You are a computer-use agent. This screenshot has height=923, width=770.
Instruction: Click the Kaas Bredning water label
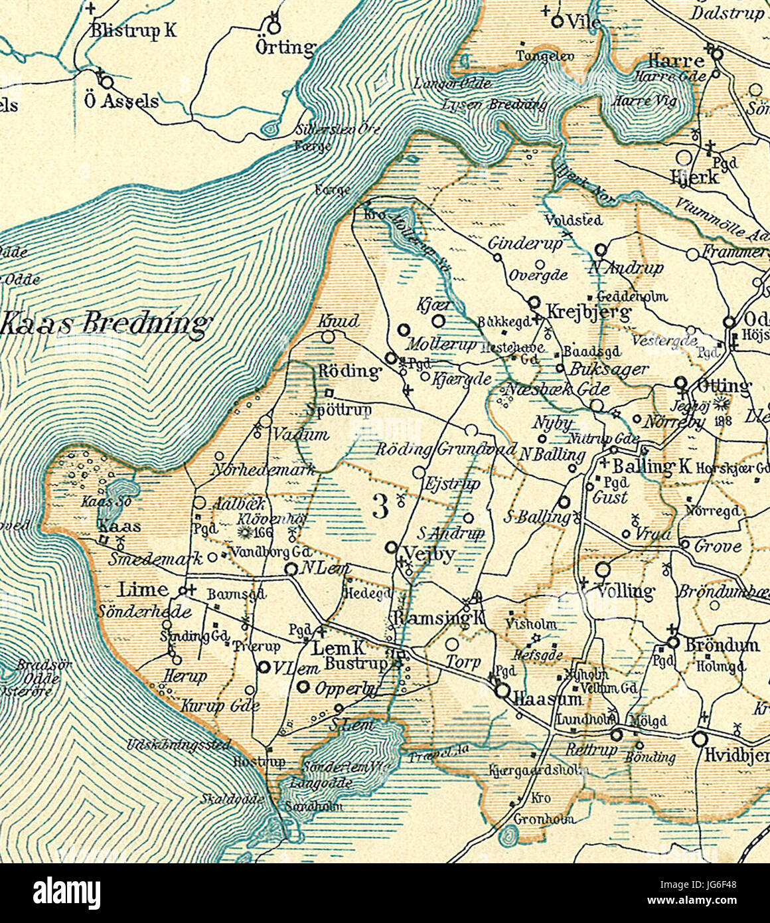pos(106,324)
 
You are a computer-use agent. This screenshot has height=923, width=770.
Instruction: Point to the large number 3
pos(380,507)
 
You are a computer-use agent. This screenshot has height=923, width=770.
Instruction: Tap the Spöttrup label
pos(339,410)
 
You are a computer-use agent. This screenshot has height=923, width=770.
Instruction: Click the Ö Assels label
pos(131,100)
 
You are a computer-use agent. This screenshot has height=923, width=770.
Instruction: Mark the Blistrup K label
pos(133,31)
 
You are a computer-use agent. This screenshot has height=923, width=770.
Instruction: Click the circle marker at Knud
pos(329,337)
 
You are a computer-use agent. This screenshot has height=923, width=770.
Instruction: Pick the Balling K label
pos(651,466)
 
